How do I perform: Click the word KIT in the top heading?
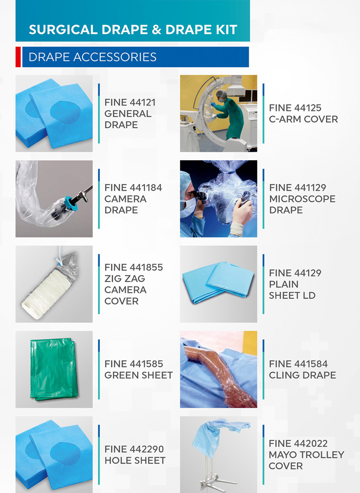pyautogui.click(x=227, y=30)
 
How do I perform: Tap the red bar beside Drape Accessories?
pyautogui.click(x=18, y=57)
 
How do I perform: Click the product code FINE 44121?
pyautogui.click(x=130, y=103)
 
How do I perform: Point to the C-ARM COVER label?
pyautogui.click(x=303, y=119)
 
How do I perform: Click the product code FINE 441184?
pyautogui.click(x=133, y=188)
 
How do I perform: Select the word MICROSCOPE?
pyautogui.click(x=302, y=199)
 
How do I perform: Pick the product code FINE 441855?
pyautogui.click(x=134, y=267)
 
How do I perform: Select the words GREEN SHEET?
pyautogui.click(x=138, y=375)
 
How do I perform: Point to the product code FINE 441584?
pyautogui.click(x=299, y=364)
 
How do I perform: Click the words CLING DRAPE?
pyautogui.click(x=302, y=375)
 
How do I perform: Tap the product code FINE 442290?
pyautogui.click(x=134, y=449)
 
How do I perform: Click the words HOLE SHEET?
pyautogui.click(x=135, y=460)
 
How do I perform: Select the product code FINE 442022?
pyautogui.click(x=298, y=444)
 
